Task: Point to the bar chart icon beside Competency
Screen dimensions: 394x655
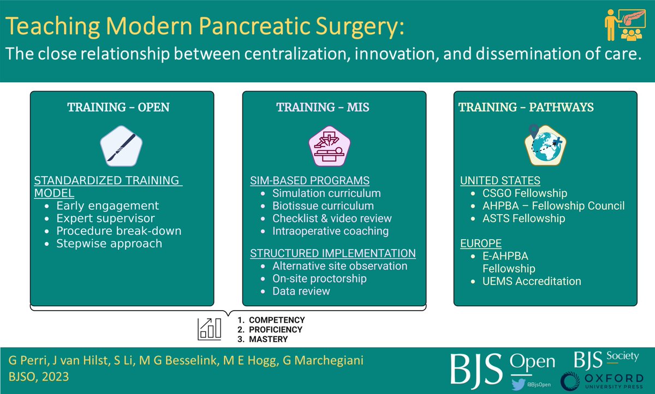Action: pyautogui.click(x=210, y=329)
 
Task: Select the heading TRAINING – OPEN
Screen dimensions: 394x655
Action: pyautogui.click(x=118, y=107)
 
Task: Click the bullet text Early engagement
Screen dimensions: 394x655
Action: pyautogui.click(x=108, y=205)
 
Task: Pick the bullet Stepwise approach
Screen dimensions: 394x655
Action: pyautogui.click(x=109, y=243)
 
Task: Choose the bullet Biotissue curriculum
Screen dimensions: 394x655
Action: pyautogui.click(x=323, y=205)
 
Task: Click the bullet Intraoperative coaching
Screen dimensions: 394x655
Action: pyautogui.click(x=330, y=231)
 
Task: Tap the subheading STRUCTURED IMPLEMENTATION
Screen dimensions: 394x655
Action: pyautogui.click(x=333, y=253)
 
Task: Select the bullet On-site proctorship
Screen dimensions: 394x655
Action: pyautogui.click(x=319, y=278)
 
